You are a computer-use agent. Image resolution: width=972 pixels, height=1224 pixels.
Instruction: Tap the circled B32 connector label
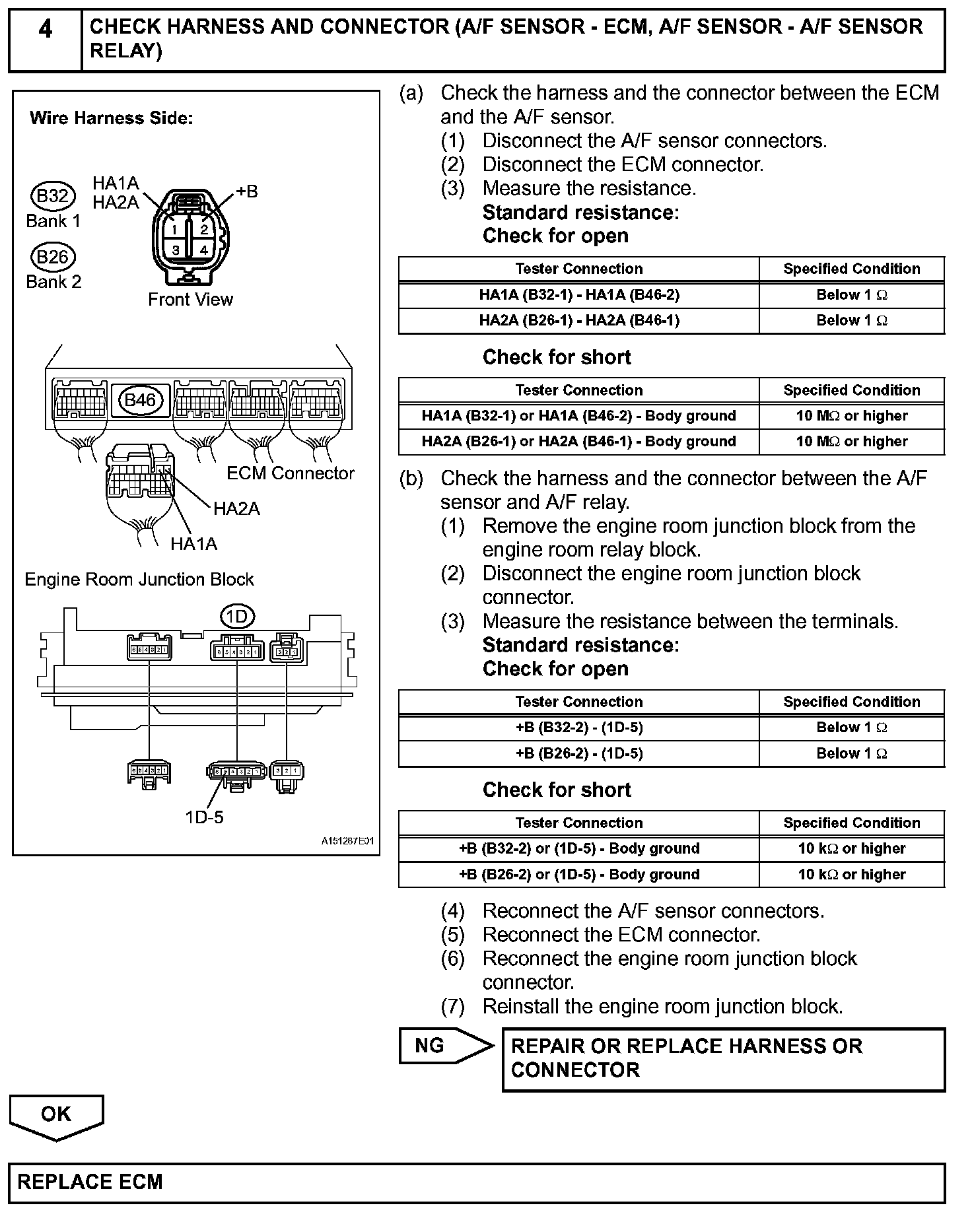53,196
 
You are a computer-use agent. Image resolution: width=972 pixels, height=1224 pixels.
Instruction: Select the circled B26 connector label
53,257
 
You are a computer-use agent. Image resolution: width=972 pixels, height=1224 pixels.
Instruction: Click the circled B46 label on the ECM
140,400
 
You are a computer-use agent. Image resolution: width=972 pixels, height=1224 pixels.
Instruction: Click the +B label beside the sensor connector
247,192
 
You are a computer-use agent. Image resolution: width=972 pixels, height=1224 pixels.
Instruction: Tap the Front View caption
190,300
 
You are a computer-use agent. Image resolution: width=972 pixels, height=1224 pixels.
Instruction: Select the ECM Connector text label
290,473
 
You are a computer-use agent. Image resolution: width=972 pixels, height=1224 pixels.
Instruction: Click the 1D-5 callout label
204,817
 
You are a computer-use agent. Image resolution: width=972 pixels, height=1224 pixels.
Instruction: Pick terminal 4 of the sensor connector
204,250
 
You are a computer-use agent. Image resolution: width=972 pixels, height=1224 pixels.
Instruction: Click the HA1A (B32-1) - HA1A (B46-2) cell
578,295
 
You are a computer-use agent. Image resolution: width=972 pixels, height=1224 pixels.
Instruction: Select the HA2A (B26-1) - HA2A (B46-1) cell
578,321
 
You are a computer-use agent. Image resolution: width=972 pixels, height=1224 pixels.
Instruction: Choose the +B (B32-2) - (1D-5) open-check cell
578,728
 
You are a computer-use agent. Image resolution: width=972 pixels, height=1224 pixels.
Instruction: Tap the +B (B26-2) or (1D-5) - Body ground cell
578,875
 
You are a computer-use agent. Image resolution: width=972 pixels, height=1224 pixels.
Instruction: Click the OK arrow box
56,1115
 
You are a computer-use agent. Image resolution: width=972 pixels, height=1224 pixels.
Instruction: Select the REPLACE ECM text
90,1182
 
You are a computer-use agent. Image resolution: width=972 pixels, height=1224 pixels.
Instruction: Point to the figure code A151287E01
347,842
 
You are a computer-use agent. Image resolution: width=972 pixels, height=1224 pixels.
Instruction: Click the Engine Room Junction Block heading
139,580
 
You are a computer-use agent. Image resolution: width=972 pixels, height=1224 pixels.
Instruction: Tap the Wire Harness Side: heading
112,119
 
